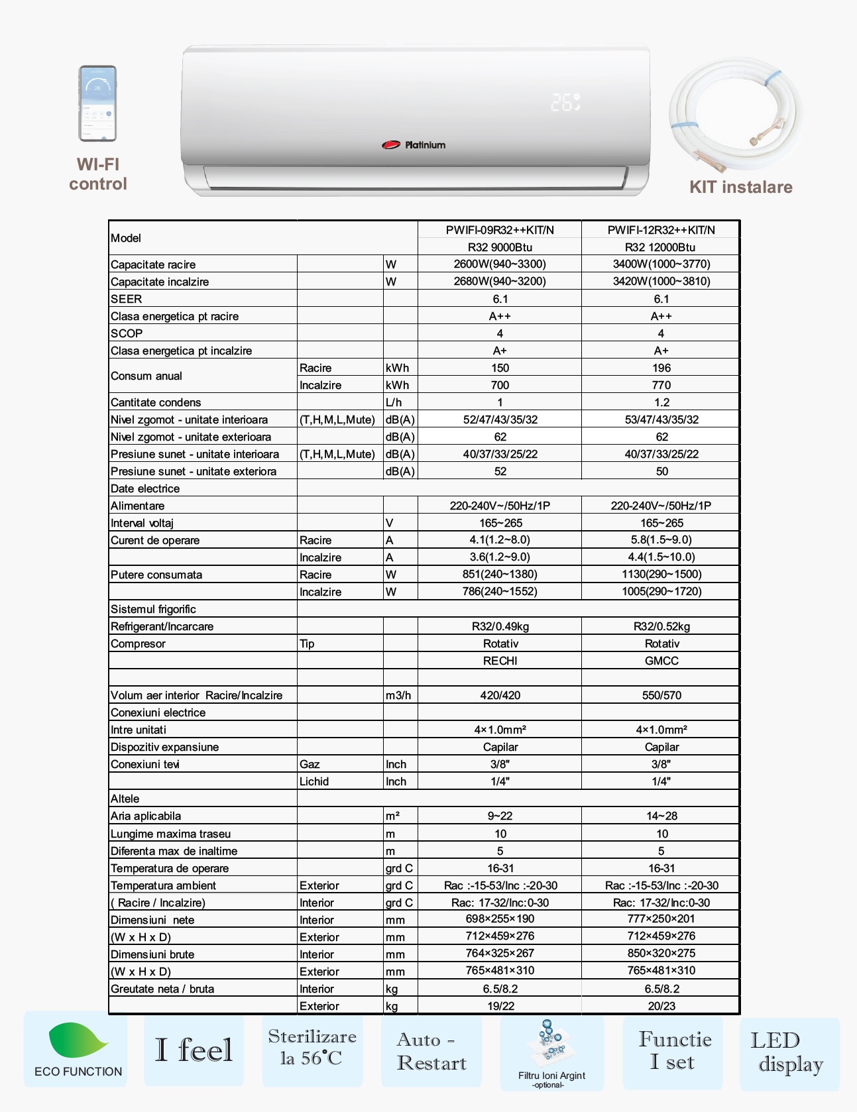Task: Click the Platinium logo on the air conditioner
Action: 414,144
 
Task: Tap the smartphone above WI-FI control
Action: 98,103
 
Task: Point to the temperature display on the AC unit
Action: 565,102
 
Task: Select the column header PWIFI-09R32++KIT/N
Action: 500,230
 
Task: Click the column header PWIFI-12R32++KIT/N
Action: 661,230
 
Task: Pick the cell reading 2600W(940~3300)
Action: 500,264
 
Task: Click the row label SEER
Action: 127,299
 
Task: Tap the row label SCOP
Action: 127,333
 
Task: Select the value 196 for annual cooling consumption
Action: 661,368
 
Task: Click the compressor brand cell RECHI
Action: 500,661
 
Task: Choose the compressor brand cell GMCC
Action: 661,661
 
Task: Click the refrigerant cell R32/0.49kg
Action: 500,626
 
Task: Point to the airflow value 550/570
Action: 661,695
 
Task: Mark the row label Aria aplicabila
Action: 146,816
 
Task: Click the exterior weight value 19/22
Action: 500,1006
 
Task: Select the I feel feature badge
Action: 194,1050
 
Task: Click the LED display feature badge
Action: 789,1052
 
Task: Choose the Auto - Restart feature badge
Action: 431,1051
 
